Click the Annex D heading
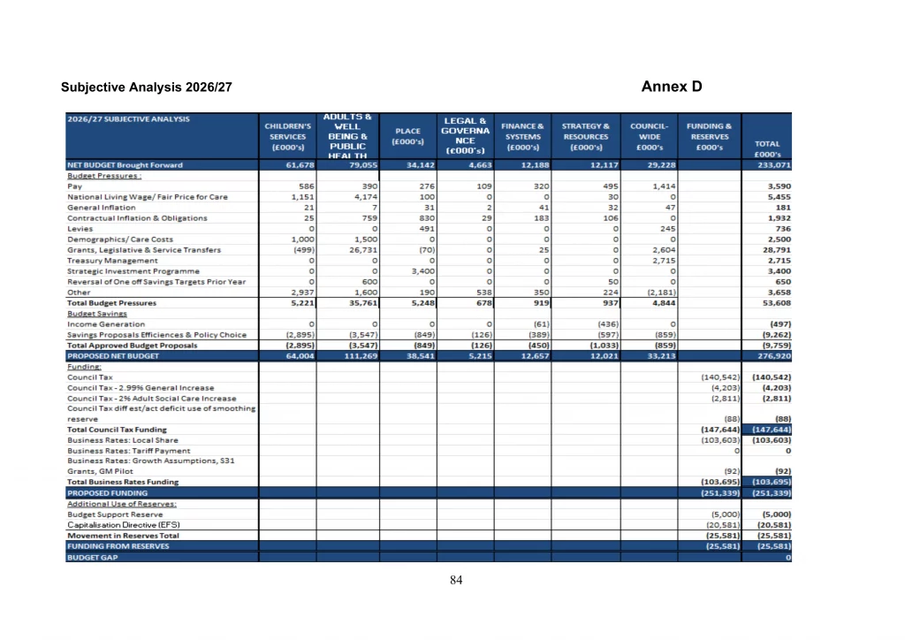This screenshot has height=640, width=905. tap(672, 86)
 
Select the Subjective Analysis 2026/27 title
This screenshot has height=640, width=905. tap(147, 88)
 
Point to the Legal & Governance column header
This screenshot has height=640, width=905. tap(465, 136)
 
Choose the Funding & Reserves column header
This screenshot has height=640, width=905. tap(710, 137)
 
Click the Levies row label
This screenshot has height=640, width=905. tap(80, 229)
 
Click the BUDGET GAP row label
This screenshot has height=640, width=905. tap(91, 557)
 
